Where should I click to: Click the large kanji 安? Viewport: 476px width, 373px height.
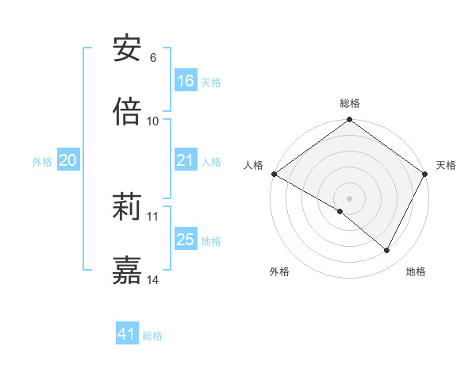(127, 50)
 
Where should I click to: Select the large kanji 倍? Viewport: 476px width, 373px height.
(127, 112)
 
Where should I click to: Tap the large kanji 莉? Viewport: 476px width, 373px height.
(127, 207)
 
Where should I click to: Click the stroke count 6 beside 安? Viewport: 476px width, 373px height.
(152, 58)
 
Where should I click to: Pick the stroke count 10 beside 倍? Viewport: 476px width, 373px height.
(153, 121)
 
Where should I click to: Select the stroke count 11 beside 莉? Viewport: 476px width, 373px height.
(153, 216)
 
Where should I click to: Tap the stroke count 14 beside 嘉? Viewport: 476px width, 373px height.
(153, 279)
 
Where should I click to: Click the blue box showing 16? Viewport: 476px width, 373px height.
(186, 81)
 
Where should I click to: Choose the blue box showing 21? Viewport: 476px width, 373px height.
(186, 160)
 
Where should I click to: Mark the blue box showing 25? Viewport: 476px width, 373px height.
(186, 240)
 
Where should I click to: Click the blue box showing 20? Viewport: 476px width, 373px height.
(67, 160)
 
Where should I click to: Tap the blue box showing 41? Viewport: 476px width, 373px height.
(127, 334)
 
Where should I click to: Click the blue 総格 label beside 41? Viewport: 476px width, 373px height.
(152, 336)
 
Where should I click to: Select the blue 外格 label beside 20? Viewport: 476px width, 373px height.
(42, 162)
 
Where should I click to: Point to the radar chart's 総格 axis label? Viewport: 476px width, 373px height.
(350, 103)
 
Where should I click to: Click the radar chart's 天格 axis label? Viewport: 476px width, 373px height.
(446, 165)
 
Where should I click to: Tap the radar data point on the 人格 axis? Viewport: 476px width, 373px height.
(274, 174)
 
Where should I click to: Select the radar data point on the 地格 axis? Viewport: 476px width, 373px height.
(387, 250)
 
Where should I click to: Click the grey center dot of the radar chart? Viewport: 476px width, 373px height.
(350, 198)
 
